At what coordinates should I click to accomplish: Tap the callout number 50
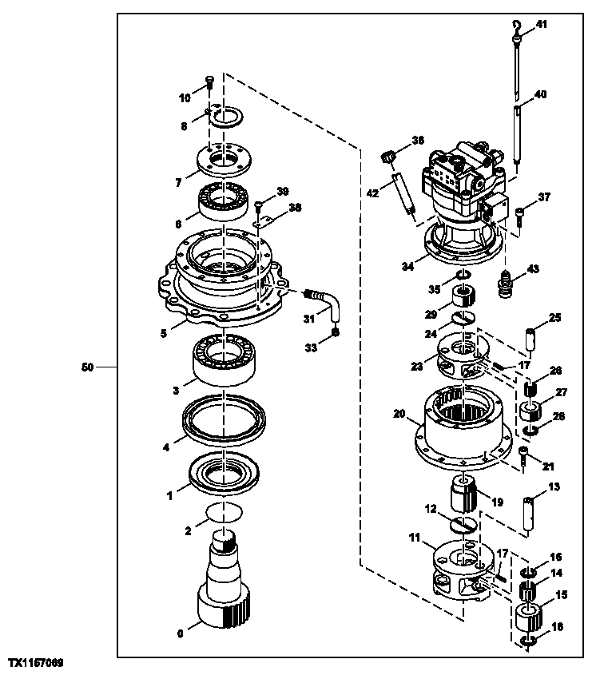(88, 367)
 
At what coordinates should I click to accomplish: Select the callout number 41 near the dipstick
(542, 26)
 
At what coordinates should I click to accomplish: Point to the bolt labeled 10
(209, 81)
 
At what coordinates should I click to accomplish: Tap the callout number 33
(311, 347)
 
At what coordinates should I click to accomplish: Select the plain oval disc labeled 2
(223, 511)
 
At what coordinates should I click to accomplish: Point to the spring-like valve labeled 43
(505, 284)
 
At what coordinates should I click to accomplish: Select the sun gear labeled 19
(463, 493)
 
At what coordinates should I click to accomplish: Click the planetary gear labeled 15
(529, 618)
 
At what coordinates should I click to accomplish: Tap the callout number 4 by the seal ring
(166, 448)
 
